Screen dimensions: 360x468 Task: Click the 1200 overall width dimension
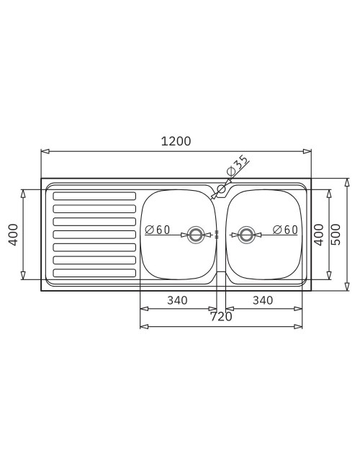pos(176,141)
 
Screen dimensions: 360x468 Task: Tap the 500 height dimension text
pos(336,235)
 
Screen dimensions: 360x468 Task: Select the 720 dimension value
pos(221,317)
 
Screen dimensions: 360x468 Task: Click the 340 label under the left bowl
pos(177,300)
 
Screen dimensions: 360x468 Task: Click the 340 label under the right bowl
pos(263,300)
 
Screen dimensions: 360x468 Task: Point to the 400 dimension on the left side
pos(14,235)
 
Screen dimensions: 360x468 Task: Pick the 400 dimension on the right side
pos(319,235)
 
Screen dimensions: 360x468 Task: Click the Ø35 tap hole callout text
pos(238,166)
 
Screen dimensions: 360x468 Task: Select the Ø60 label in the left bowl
pos(157,230)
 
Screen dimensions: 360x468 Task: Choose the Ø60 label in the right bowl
pos(285,230)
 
